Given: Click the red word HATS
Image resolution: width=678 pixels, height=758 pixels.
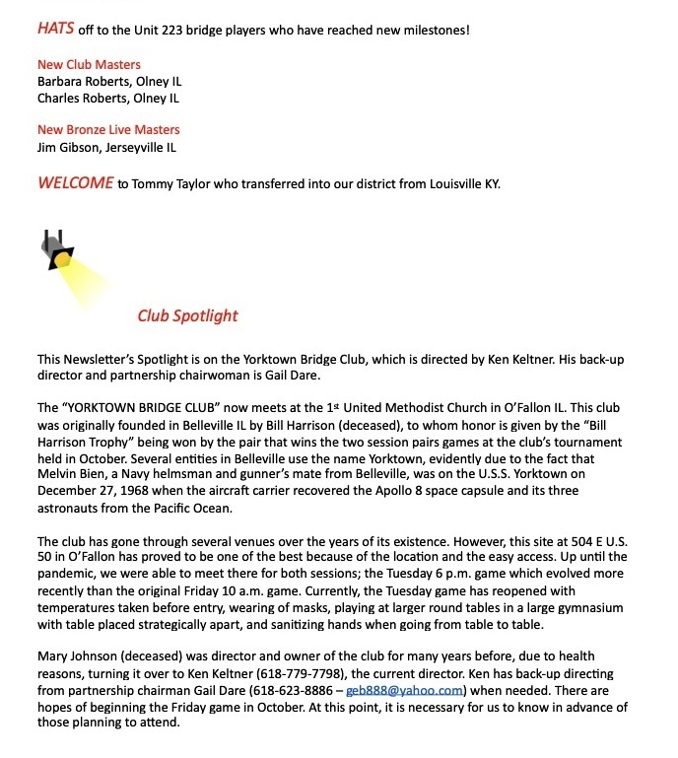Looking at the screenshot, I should pyautogui.click(x=57, y=29).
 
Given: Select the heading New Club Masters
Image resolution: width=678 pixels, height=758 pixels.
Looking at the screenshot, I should pyautogui.click(x=89, y=65).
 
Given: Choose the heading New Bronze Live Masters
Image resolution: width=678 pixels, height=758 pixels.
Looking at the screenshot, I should pyautogui.click(x=108, y=130).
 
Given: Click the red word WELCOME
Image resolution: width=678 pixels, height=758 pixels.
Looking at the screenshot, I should pyautogui.click(x=75, y=183).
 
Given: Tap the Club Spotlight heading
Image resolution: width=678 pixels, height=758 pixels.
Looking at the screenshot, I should pyautogui.click(x=187, y=316).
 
